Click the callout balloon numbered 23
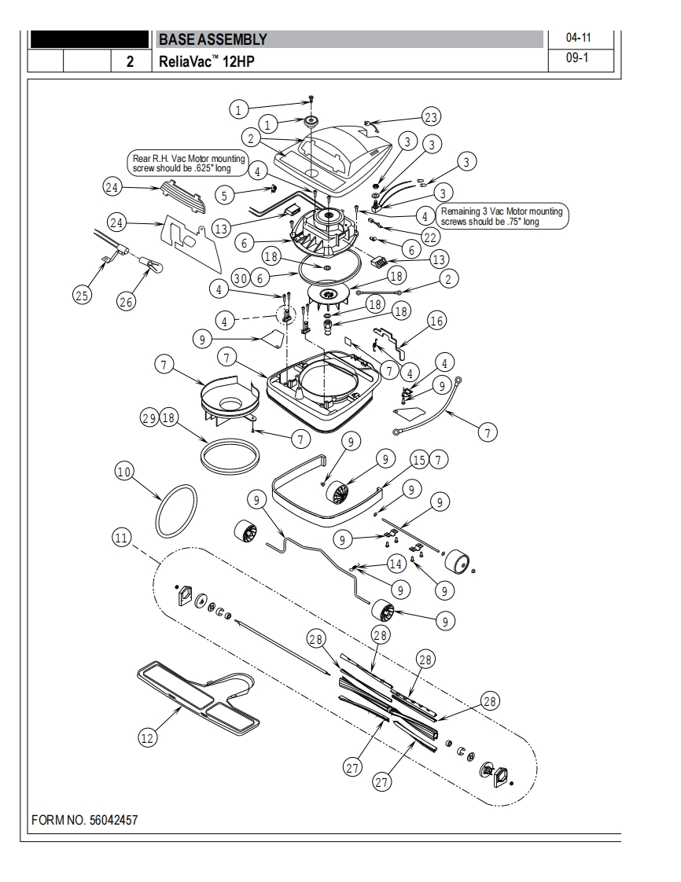pos(431,117)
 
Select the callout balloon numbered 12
pos(148,737)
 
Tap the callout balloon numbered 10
pos(123,471)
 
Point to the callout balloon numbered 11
pos(122,538)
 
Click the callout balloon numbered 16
pos(436,321)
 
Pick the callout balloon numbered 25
pos(82,295)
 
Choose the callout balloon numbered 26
pos(126,302)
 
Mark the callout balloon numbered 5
pos(225,195)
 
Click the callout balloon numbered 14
pos(396,564)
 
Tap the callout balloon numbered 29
pos(149,418)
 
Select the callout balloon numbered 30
pos(241,277)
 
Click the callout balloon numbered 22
pos(430,237)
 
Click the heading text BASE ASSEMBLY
pos(213,39)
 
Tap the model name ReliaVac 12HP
pos(207,61)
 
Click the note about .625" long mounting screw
pos(189,164)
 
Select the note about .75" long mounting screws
pos(501,216)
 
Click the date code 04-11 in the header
pos(579,38)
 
